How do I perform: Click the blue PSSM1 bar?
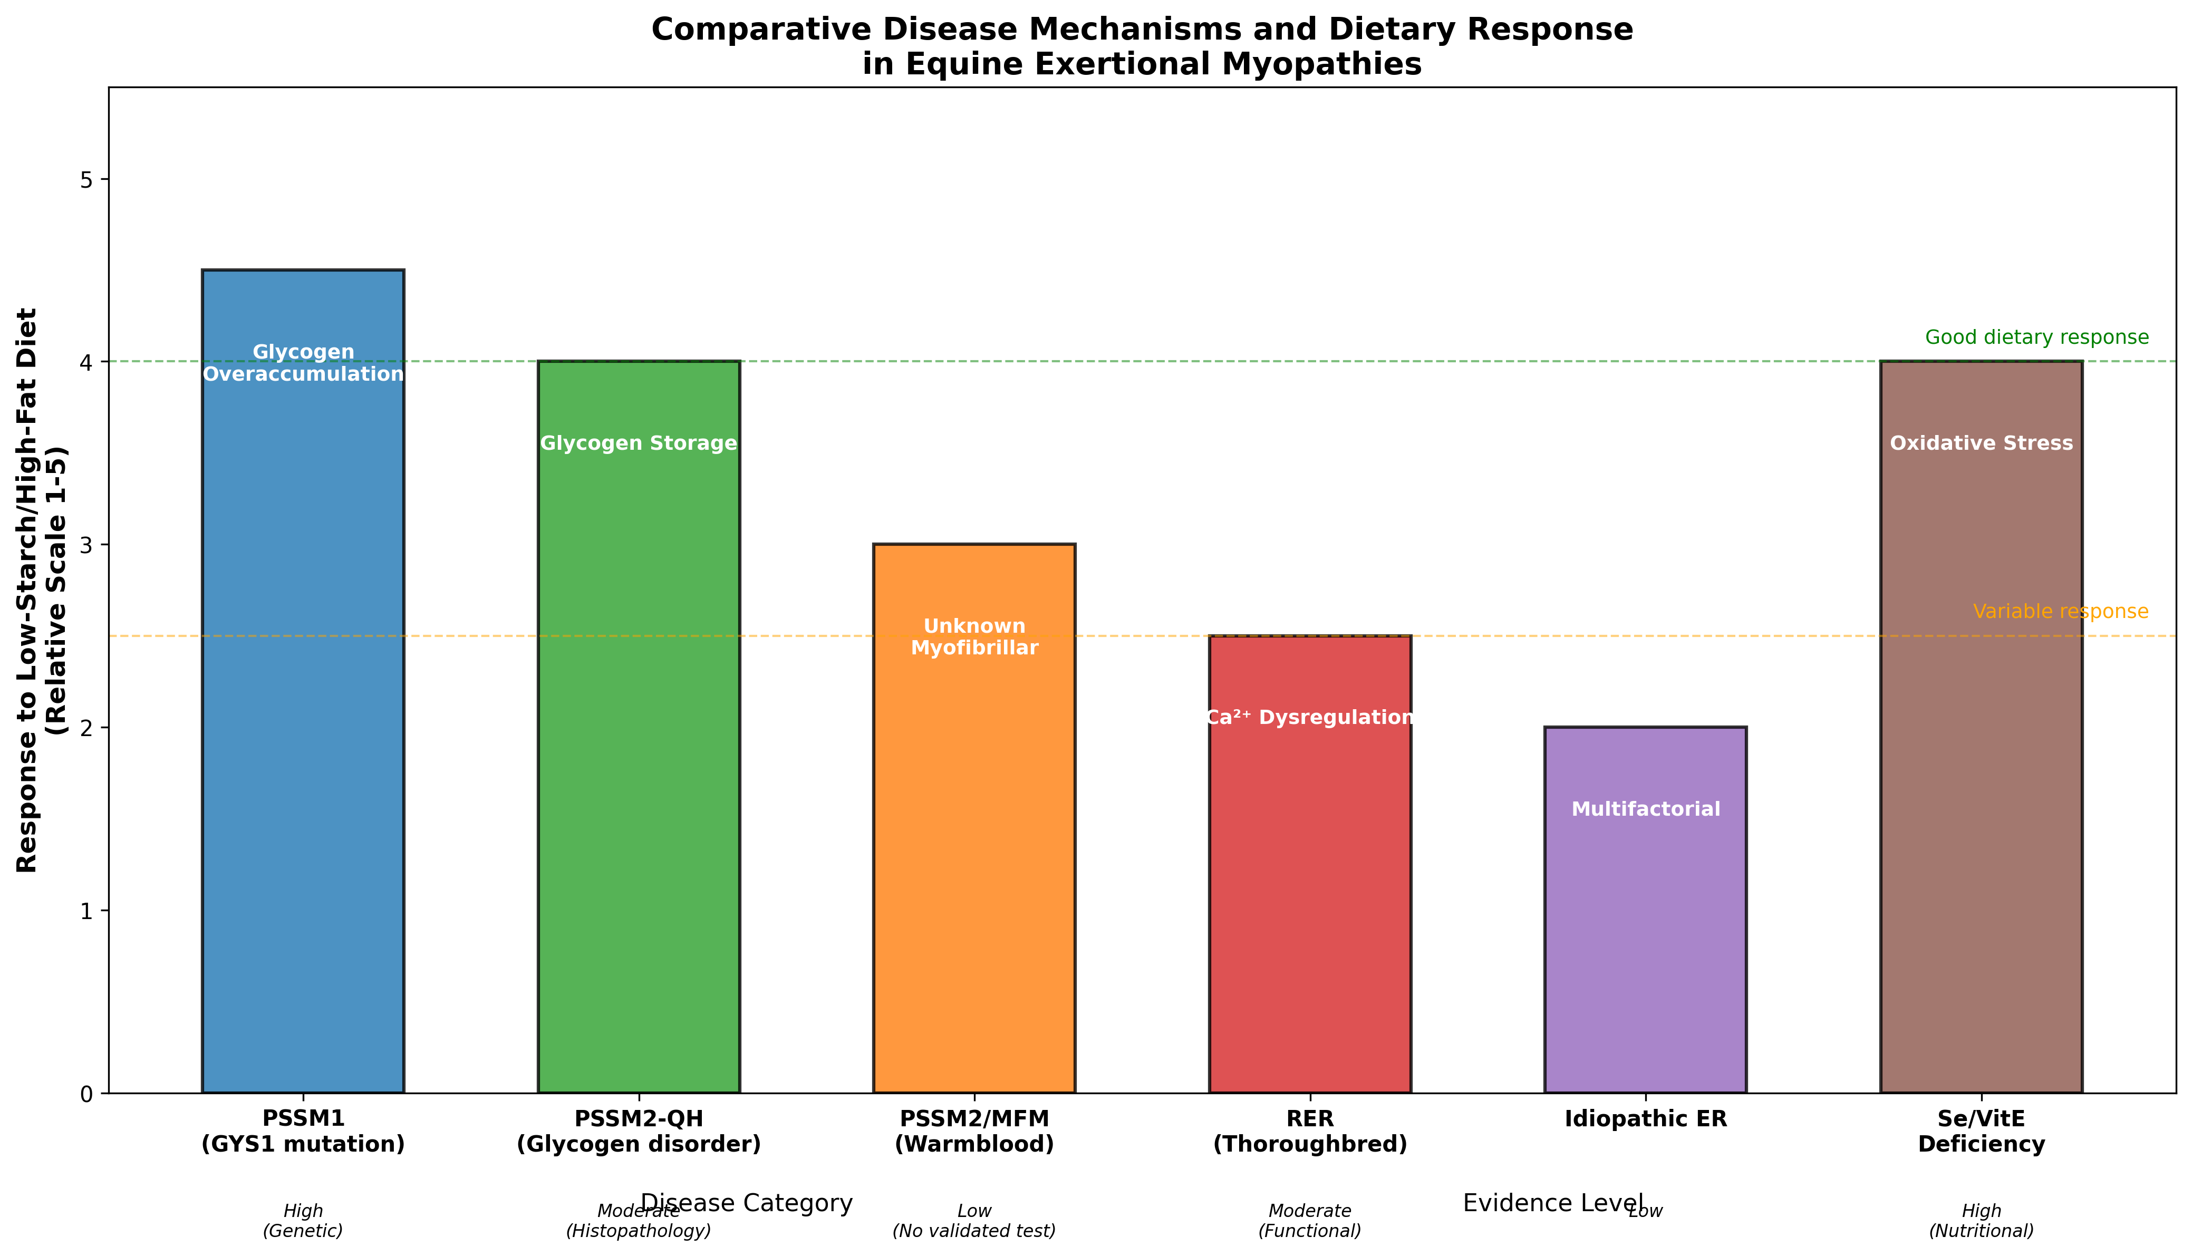(x=303, y=690)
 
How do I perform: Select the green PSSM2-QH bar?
(x=639, y=733)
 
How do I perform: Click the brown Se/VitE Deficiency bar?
(x=1981, y=733)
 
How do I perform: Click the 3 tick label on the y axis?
(x=87, y=545)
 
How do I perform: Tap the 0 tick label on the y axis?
(x=87, y=1094)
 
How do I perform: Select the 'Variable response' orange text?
(x=2060, y=612)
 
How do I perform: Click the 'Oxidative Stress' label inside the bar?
(x=1981, y=443)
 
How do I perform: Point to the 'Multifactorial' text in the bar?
(x=1645, y=809)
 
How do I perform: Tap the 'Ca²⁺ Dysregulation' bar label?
(x=1309, y=718)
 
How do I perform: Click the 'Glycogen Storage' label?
(x=639, y=443)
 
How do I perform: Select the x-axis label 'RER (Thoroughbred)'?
(x=1309, y=1131)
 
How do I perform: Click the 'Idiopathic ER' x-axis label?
(x=1645, y=1119)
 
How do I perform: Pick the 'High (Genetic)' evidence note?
(x=303, y=1221)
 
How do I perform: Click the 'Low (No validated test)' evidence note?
(x=974, y=1221)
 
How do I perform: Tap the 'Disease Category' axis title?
(x=746, y=1203)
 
